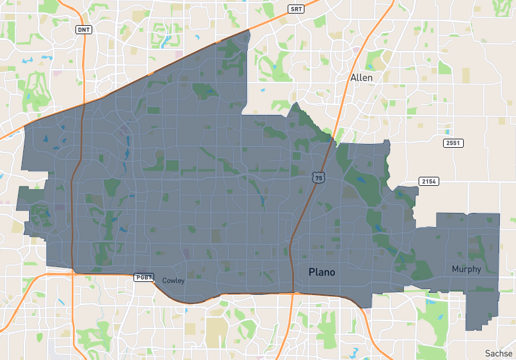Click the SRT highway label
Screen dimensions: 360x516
pyautogui.click(x=296, y=8)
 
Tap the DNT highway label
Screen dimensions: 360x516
pyautogui.click(x=84, y=30)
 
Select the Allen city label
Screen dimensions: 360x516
pyautogui.click(x=361, y=77)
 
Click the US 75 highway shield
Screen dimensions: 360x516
pyautogui.click(x=319, y=177)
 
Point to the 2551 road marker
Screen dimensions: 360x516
pyautogui.click(x=453, y=143)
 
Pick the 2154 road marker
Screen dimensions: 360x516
pyautogui.click(x=430, y=181)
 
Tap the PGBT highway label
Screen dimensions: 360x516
pyautogui.click(x=143, y=277)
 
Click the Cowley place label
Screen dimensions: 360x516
pyautogui.click(x=174, y=281)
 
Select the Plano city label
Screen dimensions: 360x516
pyautogui.click(x=322, y=272)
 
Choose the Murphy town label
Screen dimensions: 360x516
pyautogui.click(x=466, y=269)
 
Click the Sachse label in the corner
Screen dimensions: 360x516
pyautogui.click(x=499, y=353)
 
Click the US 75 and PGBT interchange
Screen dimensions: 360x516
pyautogui.click(x=292, y=294)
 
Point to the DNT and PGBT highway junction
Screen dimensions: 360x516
pyautogui.click(x=73, y=273)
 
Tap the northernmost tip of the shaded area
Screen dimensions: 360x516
pyautogui.click(x=248, y=30)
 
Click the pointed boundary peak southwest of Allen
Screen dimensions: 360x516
pyautogui.click(x=295, y=103)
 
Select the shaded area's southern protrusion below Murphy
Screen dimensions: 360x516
pyautogui.click(x=481, y=316)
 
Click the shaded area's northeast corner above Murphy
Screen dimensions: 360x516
pyautogui.click(x=499, y=214)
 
